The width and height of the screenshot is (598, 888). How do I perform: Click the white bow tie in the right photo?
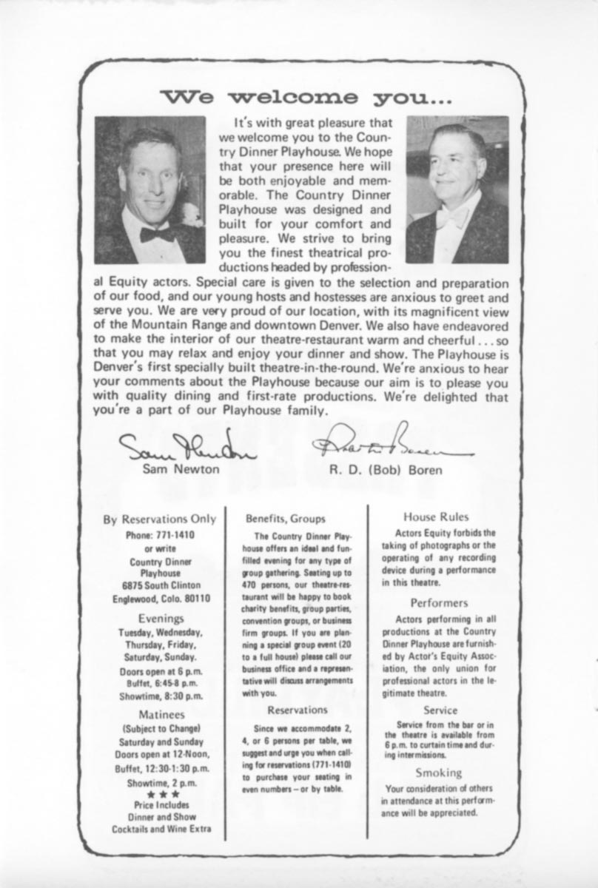pos(451,218)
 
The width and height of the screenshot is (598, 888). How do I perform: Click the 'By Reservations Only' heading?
pos(160,519)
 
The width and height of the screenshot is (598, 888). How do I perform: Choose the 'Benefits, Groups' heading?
pos(285,519)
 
